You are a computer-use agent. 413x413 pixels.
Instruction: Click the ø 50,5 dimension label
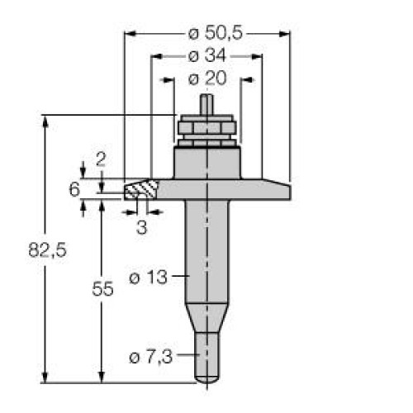206,34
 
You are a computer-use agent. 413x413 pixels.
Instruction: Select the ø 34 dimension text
206,57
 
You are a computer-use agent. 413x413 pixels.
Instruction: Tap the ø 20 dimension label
206,79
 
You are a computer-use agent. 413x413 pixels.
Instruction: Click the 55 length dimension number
100,291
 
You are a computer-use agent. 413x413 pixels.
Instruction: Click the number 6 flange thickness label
74,190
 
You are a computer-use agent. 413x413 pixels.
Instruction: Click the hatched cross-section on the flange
140,190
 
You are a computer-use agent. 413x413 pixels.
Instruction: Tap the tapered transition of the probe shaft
206,317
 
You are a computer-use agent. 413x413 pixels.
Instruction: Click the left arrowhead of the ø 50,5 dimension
127,34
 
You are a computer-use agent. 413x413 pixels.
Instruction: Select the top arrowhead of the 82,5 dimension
43,118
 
